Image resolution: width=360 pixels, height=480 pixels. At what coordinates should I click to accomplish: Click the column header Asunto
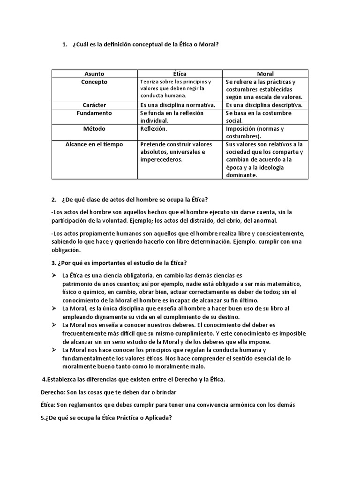coord(94,74)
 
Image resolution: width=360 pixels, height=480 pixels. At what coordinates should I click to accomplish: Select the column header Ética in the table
coord(180,74)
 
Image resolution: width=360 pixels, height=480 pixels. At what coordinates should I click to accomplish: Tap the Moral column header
coord(265,74)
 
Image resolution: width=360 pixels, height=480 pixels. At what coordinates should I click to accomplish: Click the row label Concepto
coord(94,82)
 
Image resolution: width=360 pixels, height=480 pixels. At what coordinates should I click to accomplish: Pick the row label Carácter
coord(94,105)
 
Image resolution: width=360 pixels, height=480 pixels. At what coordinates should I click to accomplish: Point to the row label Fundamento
coord(94,113)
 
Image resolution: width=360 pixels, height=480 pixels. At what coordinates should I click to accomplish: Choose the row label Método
coord(94,129)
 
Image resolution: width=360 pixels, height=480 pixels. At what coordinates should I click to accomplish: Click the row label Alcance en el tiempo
coord(94,144)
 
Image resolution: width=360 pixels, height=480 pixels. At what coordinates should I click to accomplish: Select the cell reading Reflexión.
coord(154,129)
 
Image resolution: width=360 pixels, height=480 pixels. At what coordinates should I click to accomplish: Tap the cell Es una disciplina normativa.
coord(178,105)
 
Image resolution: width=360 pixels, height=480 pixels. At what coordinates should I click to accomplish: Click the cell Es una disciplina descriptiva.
coord(264,105)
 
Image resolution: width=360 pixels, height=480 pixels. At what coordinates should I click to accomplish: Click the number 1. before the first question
coord(64,45)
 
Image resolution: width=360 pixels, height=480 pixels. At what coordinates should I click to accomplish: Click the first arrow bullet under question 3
coord(54,275)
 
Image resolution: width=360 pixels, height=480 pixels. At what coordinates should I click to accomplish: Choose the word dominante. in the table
coord(241,175)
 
